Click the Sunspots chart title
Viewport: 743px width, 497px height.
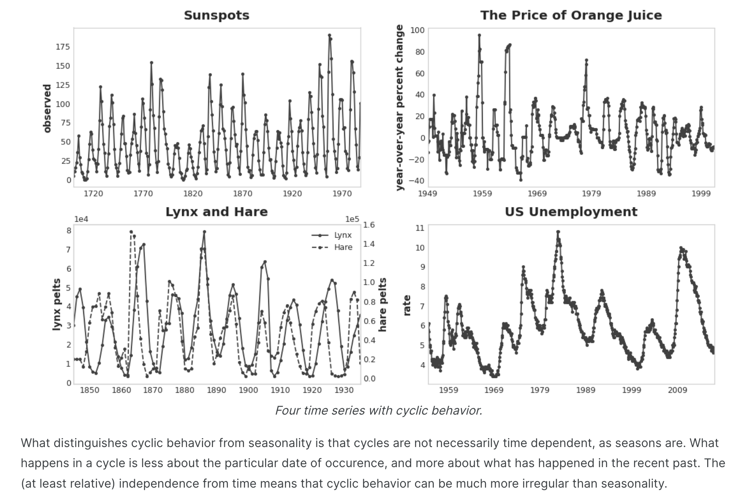(x=217, y=15)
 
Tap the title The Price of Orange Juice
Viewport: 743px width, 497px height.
(x=571, y=15)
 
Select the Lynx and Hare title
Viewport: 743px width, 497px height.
(x=217, y=212)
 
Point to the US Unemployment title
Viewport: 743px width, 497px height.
(x=571, y=212)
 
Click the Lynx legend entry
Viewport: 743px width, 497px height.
(x=342, y=235)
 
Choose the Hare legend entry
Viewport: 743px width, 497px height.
(x=343, y=247)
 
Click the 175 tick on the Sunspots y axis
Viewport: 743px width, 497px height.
(x=63, y=47)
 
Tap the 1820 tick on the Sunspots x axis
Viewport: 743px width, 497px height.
(x=192, y=194)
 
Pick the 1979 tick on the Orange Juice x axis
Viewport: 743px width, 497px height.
(x=591, y=194)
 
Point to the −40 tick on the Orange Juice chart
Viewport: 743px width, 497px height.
(x=417, y=181)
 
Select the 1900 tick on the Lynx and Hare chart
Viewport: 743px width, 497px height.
(x=248, y=390)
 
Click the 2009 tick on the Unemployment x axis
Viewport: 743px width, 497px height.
(x=677, y=390)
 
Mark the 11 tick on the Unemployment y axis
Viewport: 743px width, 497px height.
(x=420, y=228)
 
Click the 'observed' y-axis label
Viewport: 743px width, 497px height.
(x=47, y=108)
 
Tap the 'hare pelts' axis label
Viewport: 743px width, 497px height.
(x=383, y=304)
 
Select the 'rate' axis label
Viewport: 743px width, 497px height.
(x=407, y=305)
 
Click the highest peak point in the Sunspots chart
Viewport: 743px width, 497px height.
(x=329, y=35)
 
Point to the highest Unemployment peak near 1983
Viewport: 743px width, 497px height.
(x=558, y=232)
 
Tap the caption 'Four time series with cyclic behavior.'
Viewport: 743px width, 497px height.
(x=378, y=410)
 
